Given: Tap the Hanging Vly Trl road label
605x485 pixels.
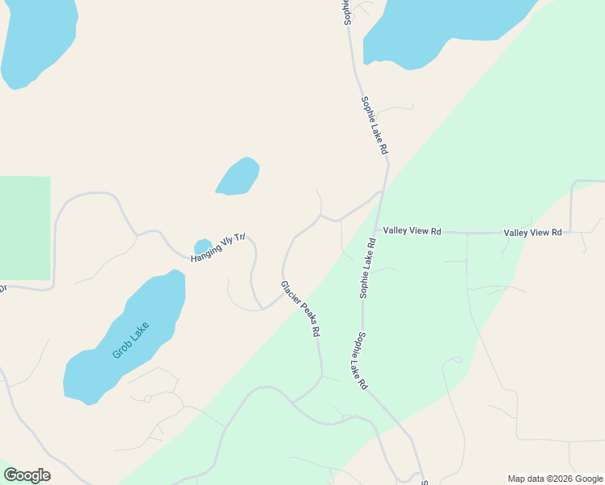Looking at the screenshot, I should point(217,250).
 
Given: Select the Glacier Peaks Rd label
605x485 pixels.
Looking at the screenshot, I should point(301,309).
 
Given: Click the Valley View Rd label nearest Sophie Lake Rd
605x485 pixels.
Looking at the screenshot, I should point(412,231).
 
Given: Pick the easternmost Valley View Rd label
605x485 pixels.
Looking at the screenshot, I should point(532,233).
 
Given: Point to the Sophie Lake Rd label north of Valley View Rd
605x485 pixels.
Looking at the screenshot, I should point(375,126).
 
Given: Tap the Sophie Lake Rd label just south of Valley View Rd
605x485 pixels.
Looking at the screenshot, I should point(369,268).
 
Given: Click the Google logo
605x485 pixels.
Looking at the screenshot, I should point(27,475).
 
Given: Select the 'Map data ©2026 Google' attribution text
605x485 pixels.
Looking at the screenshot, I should point(554,479).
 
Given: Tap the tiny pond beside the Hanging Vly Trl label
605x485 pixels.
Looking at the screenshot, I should point(202,245).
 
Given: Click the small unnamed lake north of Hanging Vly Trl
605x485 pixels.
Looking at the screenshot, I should point(239,176).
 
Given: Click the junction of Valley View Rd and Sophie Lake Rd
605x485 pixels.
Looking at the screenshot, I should point(375,231).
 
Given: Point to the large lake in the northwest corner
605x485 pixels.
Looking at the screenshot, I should point(36,40).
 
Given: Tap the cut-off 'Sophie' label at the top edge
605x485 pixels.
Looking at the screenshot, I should point(347,11).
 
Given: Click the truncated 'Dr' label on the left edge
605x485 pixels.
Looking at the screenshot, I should point(2,288).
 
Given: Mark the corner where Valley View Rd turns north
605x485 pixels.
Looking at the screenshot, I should point(572,232).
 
